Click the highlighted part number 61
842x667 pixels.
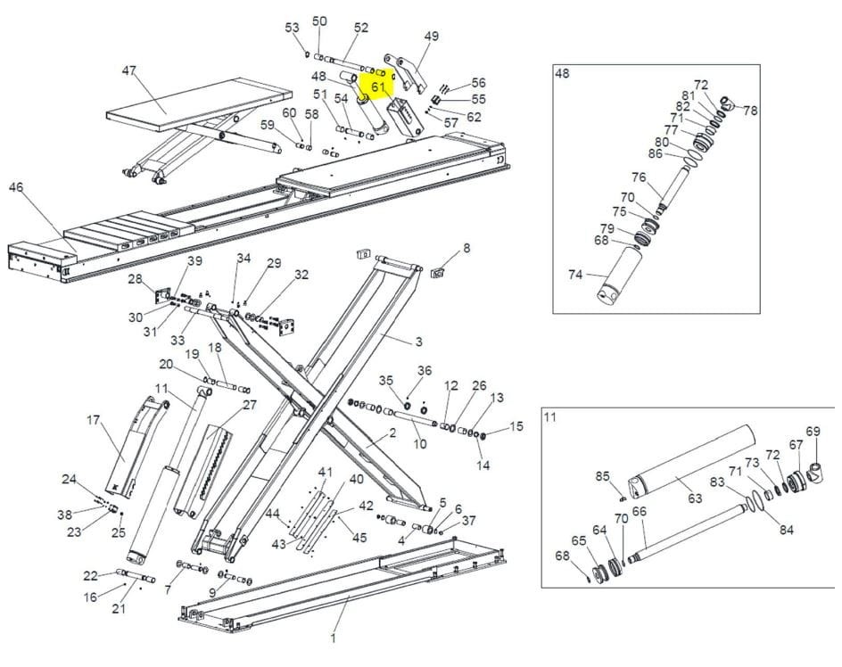378,86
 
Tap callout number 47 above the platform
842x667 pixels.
129,70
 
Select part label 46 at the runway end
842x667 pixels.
16,187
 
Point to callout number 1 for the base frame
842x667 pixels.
333,638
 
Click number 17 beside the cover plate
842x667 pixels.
94,419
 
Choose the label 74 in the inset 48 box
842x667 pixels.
575,275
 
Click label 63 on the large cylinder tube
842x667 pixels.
695,498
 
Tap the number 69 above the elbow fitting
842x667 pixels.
813,432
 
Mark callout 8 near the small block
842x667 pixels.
466,248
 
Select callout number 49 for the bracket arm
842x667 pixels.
431,36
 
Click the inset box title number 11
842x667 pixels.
549,416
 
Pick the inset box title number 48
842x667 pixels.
562,73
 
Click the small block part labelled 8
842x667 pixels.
439,273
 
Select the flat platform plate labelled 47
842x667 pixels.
199,104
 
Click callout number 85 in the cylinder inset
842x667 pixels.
602,476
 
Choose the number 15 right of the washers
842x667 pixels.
516,426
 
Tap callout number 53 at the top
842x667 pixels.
293,28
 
